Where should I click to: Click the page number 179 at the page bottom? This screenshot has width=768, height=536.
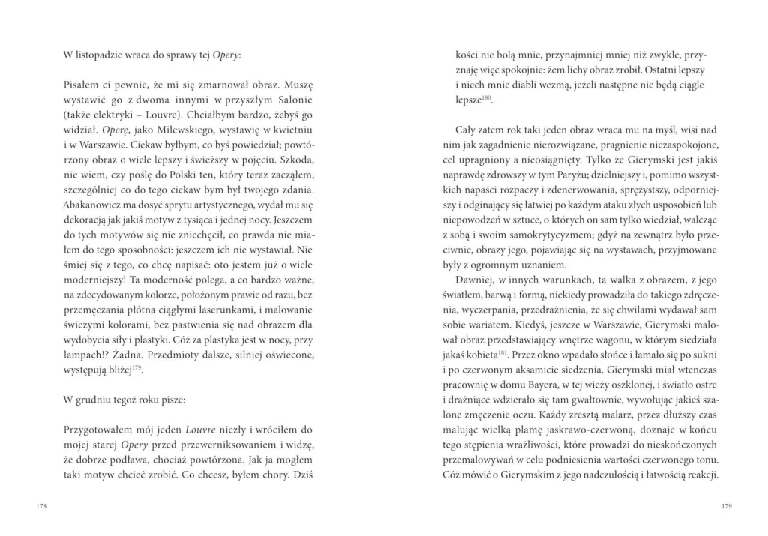pyautogui.click(x=725, y=506)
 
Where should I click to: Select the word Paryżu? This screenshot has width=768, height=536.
pyautogui.click(x=631, y=160)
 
